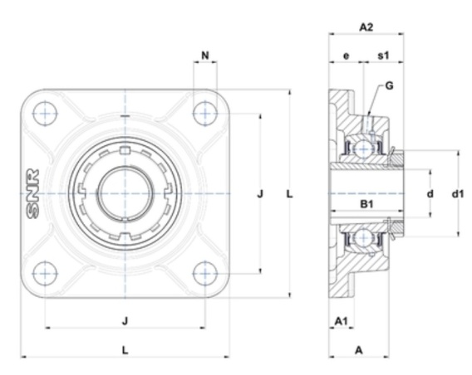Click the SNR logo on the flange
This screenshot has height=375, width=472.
coord(32,194)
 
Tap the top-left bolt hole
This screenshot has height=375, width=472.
coord(45,114)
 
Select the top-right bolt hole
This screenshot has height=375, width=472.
coord(205,114)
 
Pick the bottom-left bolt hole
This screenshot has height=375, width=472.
coord(45,274)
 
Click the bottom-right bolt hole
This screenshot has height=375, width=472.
coord(205,274)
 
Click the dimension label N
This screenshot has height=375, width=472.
coord(205,56)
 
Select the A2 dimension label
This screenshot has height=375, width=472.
coord(366,27)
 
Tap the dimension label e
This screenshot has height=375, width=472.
coord(347,56)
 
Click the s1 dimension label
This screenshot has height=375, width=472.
coord(383,56)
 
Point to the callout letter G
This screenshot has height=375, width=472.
coord(389,86)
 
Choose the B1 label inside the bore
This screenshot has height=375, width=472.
coord(366,204)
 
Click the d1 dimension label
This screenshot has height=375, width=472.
coord(458,194)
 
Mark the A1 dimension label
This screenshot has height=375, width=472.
coord(341,321)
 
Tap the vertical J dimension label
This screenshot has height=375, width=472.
coord(260,194)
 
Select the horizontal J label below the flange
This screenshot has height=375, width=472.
coord(125,321)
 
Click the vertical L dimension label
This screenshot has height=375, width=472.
coord(289,194)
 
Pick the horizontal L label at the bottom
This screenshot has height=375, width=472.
coord(125,350)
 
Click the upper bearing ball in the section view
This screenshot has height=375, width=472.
coord(364,149)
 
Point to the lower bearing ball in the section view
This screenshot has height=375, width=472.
coord(364,237)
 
